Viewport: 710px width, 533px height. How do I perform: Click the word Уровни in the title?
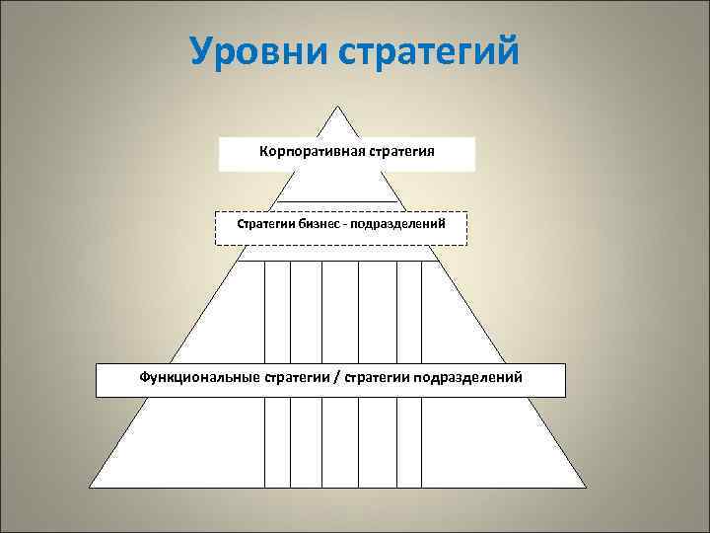[258, 51]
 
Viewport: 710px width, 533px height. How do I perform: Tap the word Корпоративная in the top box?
[311, 152]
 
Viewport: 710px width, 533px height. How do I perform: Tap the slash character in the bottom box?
[335, 377]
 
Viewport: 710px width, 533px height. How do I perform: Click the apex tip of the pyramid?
[337, 107]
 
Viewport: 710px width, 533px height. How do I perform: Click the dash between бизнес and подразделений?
[348, 224]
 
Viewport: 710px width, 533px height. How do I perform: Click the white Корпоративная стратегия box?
[346, 163]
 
